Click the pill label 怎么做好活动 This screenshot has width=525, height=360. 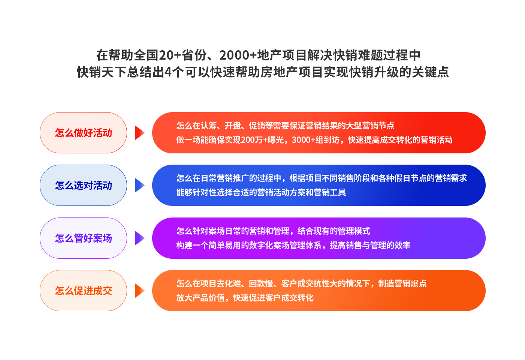pos(84,133)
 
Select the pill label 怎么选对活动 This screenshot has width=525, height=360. pos(84,185)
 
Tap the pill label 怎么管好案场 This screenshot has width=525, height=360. pos(84,238)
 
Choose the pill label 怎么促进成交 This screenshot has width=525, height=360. pos(84,291)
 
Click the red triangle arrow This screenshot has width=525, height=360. pos(140,133)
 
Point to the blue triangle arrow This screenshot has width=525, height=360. pos(140,185)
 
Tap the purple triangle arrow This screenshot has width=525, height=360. pos(140,238)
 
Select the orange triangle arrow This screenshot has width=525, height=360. pos(140,291)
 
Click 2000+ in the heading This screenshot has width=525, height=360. pos(238,55)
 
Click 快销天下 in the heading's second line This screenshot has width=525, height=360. pos(102,72)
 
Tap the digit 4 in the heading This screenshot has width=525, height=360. pos(168,72)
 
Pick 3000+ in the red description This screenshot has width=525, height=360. pos(303,140)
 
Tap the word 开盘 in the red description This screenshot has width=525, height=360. pos(233,126)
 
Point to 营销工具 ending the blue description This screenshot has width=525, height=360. pos(330,192)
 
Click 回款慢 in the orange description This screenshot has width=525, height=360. pos(261,284)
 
